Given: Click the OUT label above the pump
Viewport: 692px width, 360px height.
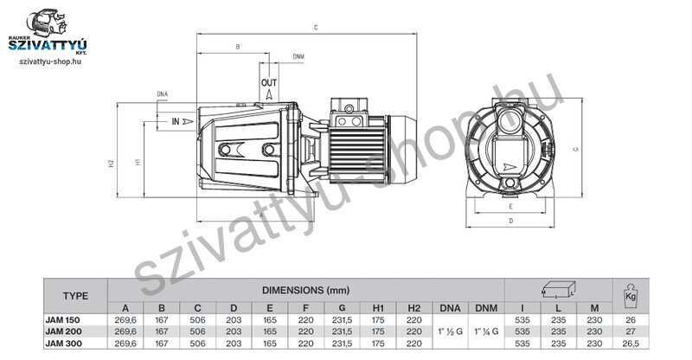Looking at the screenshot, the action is click(269, 82).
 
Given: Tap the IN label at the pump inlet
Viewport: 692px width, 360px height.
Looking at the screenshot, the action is click(176, 121).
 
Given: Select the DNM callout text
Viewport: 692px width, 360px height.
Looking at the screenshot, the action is click(298, 57).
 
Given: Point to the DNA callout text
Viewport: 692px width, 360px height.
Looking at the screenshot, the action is click(163, 94).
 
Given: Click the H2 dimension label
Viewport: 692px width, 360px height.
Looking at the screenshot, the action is click(112, 163).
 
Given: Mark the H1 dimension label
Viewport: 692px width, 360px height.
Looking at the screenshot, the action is click(138, 162).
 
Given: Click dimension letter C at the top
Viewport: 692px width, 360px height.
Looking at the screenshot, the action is click(316, 28).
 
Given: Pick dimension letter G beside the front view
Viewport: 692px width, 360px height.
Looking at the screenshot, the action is click(575, 149).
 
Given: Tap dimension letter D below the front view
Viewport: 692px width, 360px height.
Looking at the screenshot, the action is click(511, 221).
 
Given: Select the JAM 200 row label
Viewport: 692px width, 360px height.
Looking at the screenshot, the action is click(63, 331).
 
